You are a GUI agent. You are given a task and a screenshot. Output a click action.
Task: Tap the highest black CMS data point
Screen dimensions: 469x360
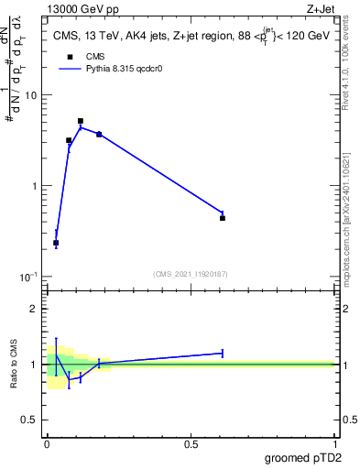point(81,121)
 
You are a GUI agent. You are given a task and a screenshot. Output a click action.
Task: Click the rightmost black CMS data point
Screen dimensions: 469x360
point(223,218)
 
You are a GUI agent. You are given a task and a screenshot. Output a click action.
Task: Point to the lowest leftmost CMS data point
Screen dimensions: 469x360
point(56,243)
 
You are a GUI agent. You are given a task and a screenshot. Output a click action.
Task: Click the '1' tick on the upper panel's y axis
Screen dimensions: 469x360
point(35,186)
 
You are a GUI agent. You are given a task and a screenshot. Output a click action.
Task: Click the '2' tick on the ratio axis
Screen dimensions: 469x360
point(35,309)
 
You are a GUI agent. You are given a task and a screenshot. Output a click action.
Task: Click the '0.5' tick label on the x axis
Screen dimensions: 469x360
point(191,444)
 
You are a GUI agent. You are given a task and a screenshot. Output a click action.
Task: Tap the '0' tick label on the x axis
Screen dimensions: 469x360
point(47,444)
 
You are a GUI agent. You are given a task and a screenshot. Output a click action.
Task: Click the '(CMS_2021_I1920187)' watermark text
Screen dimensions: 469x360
point(190,273)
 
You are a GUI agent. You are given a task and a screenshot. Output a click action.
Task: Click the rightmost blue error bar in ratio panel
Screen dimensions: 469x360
point(223,353)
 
